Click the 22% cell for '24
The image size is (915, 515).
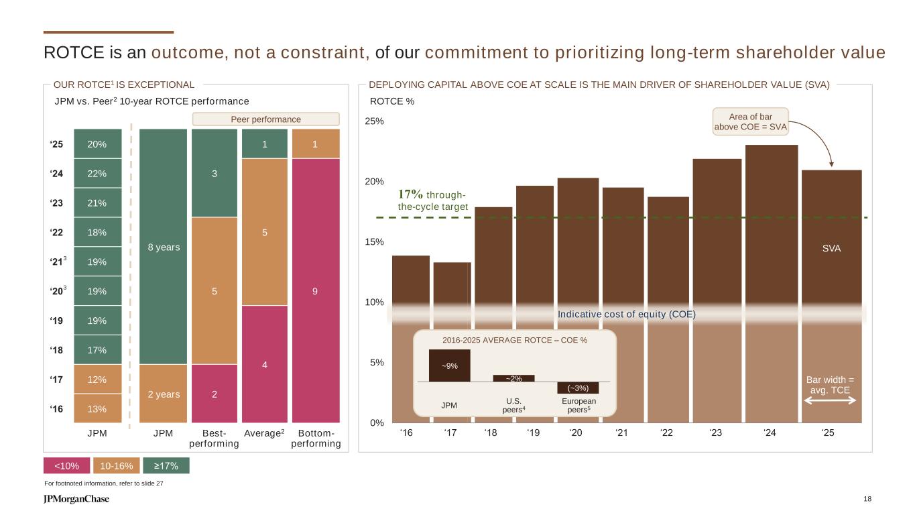(97, 173)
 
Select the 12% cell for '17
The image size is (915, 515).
(97, 380)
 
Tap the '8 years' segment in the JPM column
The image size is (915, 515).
(163, 247)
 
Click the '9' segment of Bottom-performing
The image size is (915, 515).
(315, 291)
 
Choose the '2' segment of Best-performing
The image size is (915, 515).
(215, 394)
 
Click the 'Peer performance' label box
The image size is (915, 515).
(266, 119)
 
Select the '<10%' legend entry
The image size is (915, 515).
(65, 465)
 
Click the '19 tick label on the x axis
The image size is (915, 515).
(534, 433)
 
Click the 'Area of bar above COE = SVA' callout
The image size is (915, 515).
(759, 121)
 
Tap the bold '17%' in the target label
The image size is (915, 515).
(410, 194)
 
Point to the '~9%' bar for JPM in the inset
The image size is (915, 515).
(449, 365)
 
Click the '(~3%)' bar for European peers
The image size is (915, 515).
(577, 388)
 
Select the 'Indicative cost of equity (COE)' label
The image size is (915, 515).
(626, 314)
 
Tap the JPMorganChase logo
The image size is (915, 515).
(76, 499)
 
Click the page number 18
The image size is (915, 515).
(868, 499)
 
